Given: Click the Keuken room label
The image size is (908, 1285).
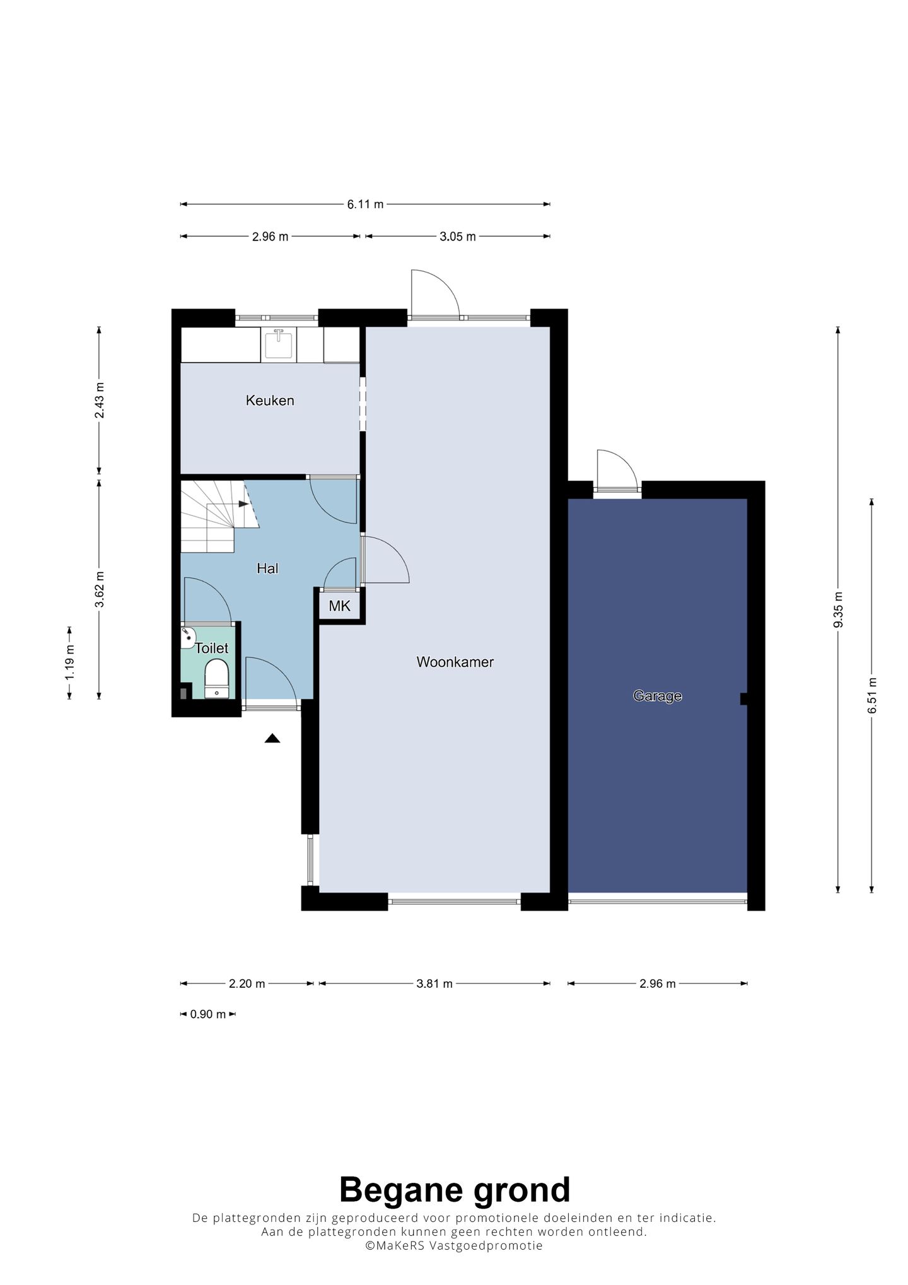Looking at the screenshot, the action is click(x=270, y=401).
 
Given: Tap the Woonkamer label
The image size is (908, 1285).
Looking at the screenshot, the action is click(x=455, y=662).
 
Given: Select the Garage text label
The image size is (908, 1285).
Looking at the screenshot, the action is click(x=658, y=696).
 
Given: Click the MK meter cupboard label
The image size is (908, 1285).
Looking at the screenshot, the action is click(x=339, y=606).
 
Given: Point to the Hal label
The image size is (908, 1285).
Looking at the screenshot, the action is click(x=267, y=568).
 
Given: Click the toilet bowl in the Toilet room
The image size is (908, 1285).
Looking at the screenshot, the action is click(x=217, y=678).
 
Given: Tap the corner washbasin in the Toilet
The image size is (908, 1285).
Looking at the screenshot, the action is click(x=187, y=638).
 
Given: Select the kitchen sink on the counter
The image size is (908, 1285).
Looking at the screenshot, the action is click(x=278, y=344).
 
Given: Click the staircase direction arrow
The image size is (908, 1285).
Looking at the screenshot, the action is click(x=244, y=504).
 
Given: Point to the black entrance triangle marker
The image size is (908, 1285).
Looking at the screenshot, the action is click(x=272, y=738).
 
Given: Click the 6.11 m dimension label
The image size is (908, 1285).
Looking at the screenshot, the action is click(x=365, y=204).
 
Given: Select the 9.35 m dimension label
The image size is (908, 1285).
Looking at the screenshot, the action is click(x=838, y=610).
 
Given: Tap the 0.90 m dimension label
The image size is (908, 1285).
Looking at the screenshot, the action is click(x=207, y=1014).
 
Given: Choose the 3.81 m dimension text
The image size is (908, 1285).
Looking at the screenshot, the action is click(x=434, y=983).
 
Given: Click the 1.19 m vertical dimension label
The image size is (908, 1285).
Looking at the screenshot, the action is click(x=69, y=662).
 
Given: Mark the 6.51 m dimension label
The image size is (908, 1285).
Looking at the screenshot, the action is click(x=872, y=695).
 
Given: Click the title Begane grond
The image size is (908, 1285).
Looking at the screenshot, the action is click(x=455, y=1190).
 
